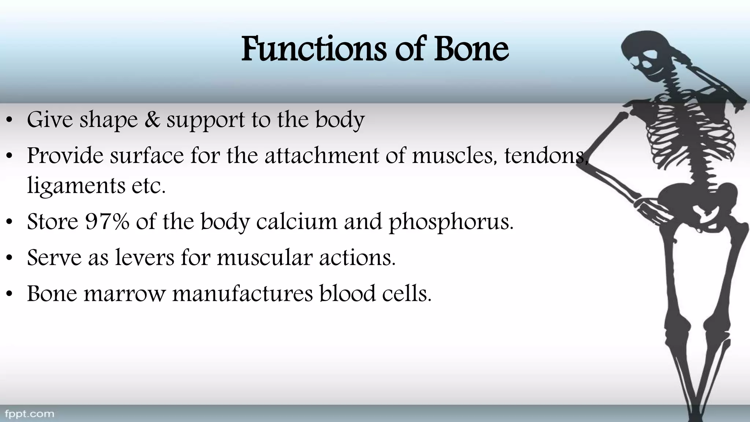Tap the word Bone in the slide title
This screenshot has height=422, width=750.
pyautogui.click(x=471, y=49)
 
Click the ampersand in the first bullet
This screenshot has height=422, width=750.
pyautogui.click(x=152, y=119)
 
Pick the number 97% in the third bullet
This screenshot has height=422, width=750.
pyautogui.click(x=107, y=221)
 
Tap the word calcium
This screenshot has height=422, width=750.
pyautogui.click(x=296, y=221)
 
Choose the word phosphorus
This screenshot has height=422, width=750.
pyautogui.click(x=451, y=222)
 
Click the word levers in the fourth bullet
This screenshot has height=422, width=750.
pyautogui.click(x=145, y=257)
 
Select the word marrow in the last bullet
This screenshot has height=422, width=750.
pyautogui.click(x=125, y=293)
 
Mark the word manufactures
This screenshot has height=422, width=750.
pyautogui.click(x=242, y=293)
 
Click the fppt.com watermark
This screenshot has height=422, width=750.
pyautogui.click(x=29, y=414)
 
